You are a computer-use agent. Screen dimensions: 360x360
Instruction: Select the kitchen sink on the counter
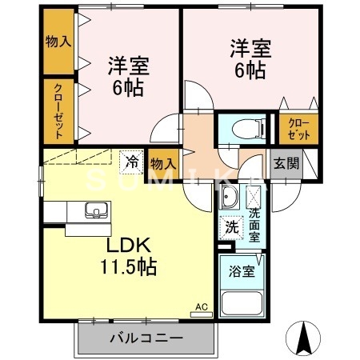tap(95, 211)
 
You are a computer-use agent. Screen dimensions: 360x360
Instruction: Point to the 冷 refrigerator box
tap(132, 161)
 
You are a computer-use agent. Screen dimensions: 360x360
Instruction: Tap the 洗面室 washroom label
tap(254, 225)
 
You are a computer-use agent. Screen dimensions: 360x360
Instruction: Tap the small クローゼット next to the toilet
tap(297, 129)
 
